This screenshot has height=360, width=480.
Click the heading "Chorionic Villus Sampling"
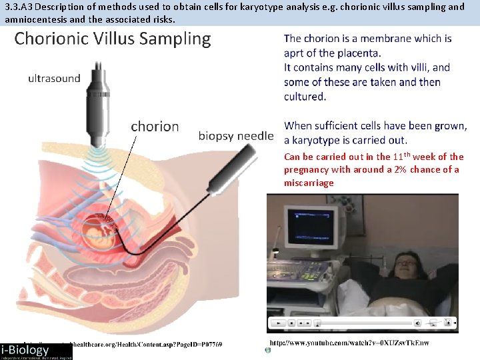point(112,39)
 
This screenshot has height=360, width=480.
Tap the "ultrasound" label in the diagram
point(54,78)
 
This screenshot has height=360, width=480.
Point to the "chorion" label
point(155,126)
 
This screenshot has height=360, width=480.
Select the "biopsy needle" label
point(236,136)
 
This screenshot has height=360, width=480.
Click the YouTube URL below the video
point(349,343)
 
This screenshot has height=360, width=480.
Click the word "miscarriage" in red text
point(309,183)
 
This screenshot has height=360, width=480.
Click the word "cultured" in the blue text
point(305,97)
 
